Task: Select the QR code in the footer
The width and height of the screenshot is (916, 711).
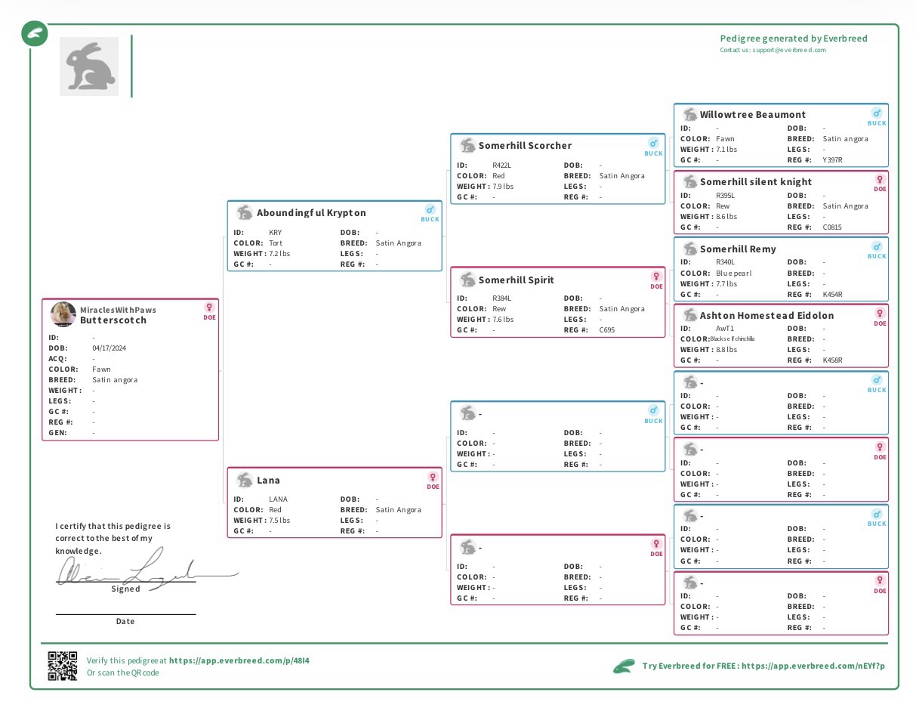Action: point(63,666)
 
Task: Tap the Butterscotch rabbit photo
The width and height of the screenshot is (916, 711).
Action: point(63,314)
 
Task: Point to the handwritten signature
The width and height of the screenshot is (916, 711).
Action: point(143,570)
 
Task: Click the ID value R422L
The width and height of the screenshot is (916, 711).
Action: point(501,165)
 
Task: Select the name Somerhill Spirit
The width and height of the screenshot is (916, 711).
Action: point(516,280)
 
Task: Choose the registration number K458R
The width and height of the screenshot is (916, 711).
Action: point(832,360)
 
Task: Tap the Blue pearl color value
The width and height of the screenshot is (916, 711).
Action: point(733,274)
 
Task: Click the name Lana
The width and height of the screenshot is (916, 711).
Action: point(268,481)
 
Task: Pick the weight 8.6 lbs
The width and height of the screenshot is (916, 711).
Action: point(726,217)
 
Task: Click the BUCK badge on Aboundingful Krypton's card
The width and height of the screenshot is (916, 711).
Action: point(430,213)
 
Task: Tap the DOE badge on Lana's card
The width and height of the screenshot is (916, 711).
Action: point(433,481)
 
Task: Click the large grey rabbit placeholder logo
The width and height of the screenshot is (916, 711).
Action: point(89,66)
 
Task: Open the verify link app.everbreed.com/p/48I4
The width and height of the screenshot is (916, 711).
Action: point(239,660)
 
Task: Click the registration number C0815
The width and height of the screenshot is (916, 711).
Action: point(832,227)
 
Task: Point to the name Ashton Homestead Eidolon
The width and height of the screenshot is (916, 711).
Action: point(766,316)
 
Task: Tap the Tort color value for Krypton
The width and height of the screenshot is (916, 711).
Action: point(276,243)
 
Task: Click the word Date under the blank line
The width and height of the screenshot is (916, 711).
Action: point(125,622)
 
